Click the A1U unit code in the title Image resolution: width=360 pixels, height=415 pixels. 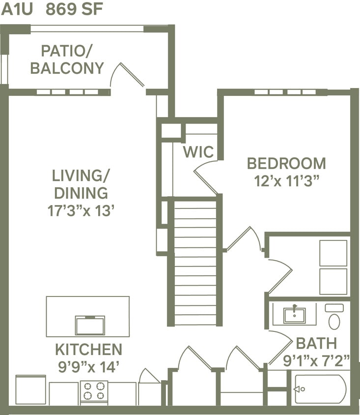(x=16, y=10)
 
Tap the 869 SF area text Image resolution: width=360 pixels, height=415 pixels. (x=74, y=10)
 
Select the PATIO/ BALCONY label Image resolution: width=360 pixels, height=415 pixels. (x=67, y=59)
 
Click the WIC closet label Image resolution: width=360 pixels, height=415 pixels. (x=198, y=152)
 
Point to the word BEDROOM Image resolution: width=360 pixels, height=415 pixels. (x=286, y=163)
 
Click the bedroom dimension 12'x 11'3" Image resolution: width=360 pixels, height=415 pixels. (x=287, y=180)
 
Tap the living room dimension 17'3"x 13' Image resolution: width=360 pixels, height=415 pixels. (x=81, y=211)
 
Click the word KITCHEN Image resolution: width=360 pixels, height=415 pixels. (x=88, y=350)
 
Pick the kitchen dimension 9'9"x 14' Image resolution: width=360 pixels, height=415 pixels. (x=88, y=366)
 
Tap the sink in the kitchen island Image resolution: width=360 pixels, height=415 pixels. (x=90, y=326)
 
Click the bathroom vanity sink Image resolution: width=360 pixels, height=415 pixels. (x=295, y=314)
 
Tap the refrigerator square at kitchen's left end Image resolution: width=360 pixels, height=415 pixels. (x=31, y=390)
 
